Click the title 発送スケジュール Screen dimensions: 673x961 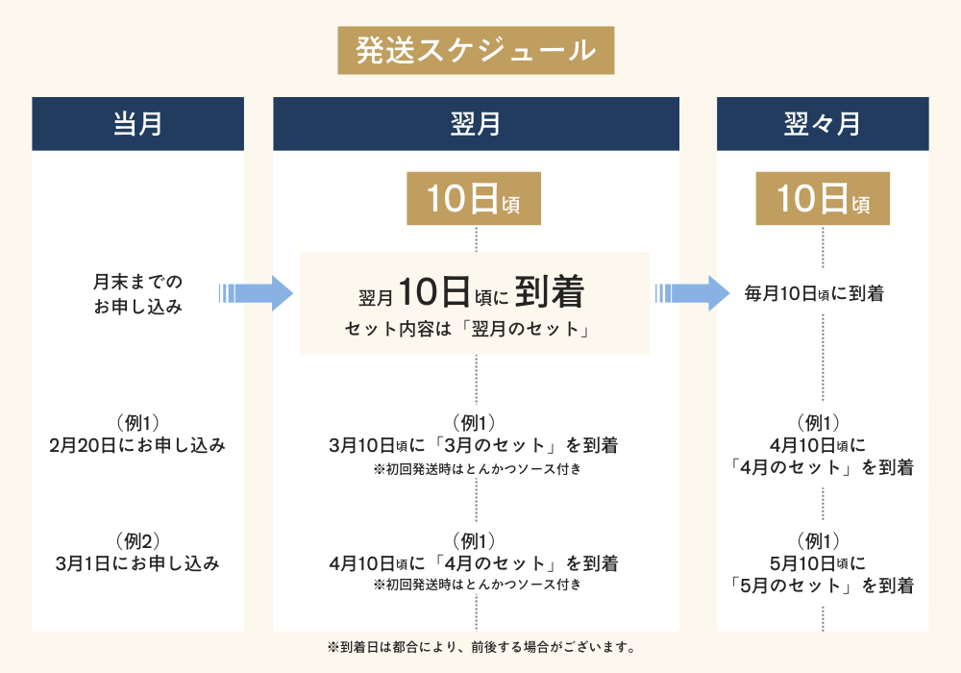[476, 50]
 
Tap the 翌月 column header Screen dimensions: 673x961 [476, 124]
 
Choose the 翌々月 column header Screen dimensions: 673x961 [823, 124]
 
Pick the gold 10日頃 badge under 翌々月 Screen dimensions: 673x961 [823, 199]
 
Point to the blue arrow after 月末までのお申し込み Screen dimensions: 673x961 [255, 292]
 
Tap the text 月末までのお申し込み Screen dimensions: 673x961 [137, 294]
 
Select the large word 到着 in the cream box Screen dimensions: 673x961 [550, 289]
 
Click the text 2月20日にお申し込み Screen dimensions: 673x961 [137, 446]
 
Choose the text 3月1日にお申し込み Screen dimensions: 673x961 [137, 563]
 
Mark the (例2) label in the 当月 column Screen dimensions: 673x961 [136, 539]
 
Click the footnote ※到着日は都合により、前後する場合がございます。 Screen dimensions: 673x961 [480, 646]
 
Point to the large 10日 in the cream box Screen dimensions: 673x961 [433, 289]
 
